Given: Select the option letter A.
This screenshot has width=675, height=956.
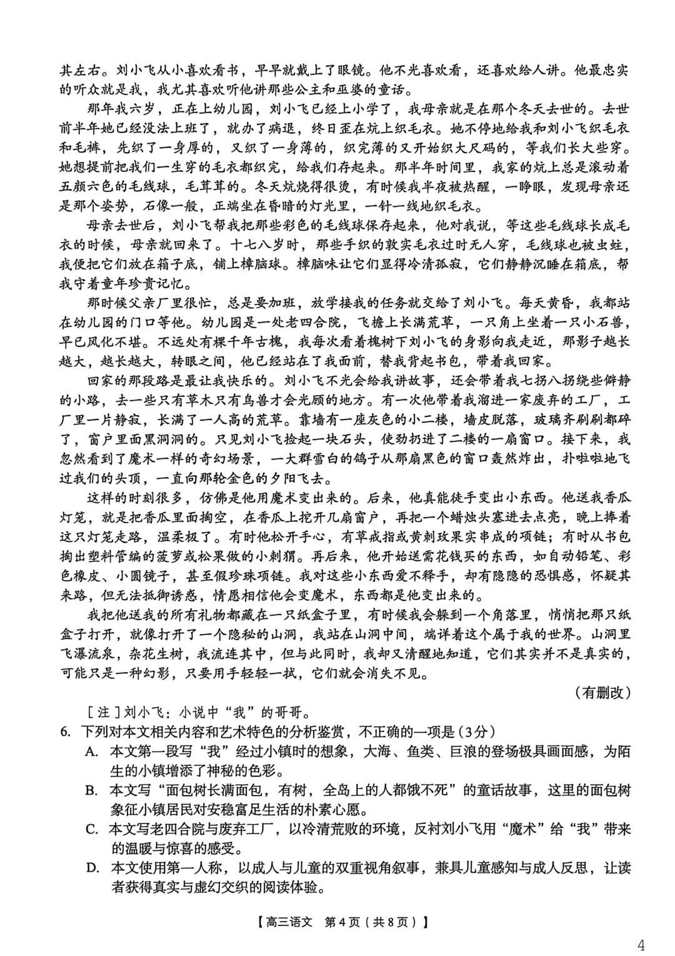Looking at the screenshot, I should [92, 751].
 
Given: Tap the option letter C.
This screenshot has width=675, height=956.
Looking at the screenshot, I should [92, 830].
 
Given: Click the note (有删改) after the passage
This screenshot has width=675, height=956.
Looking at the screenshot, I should [601, 692].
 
